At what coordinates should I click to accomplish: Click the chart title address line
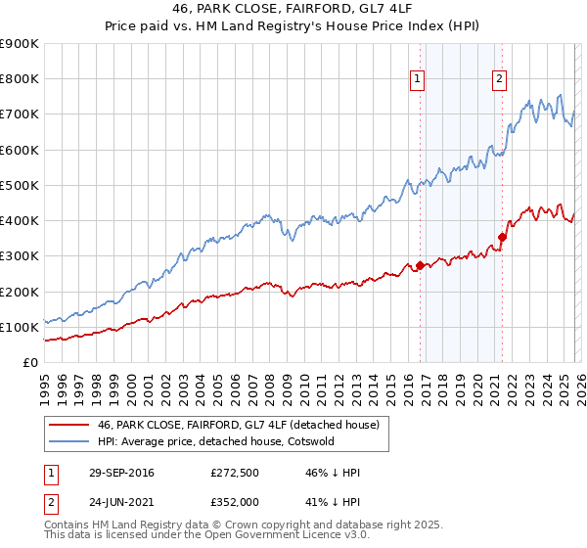[293, 10]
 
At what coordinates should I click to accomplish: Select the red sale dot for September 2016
[420, 265]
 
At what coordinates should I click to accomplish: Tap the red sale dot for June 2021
[502, 237]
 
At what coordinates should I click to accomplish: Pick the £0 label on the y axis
[29, 362]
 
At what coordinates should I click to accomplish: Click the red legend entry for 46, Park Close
[245, 425]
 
